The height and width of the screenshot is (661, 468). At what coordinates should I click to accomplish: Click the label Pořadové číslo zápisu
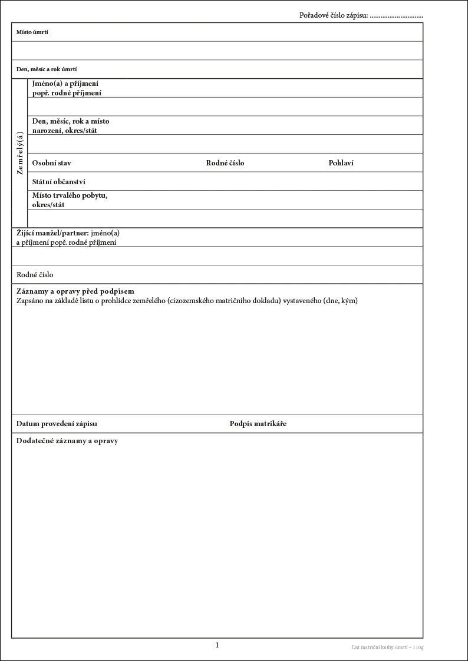click(334, 15)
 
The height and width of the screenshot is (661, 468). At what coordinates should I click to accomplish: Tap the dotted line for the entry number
click(396, 16)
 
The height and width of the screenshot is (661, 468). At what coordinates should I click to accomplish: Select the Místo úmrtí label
click(32, 32)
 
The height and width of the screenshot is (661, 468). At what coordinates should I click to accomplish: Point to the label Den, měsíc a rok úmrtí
click(47, 69)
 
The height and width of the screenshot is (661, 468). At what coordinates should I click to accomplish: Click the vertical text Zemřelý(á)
click(19, 153)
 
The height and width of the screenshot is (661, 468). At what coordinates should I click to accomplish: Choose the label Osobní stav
click(51, 163)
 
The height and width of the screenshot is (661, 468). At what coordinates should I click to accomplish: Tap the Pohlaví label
click(341, 163)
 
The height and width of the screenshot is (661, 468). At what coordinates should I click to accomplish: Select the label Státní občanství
click(58, 182)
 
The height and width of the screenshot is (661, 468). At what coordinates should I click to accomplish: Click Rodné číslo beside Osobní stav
click(225, 163)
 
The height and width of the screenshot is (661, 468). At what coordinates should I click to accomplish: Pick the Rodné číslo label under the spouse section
click(35, 275)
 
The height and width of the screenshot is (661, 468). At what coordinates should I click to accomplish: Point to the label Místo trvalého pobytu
click(69, 195)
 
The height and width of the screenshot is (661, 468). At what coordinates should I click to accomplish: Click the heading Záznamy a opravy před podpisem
click(75, 291)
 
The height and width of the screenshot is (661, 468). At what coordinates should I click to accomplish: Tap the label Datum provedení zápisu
click(57, 424)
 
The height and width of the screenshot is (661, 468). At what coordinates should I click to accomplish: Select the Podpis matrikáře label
click(258, 424)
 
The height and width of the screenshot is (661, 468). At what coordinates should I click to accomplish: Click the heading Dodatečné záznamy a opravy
click(67, 441)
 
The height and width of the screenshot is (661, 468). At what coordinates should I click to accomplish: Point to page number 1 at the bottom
click(217, 645)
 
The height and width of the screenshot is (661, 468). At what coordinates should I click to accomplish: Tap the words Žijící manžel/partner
click(52, 232)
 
